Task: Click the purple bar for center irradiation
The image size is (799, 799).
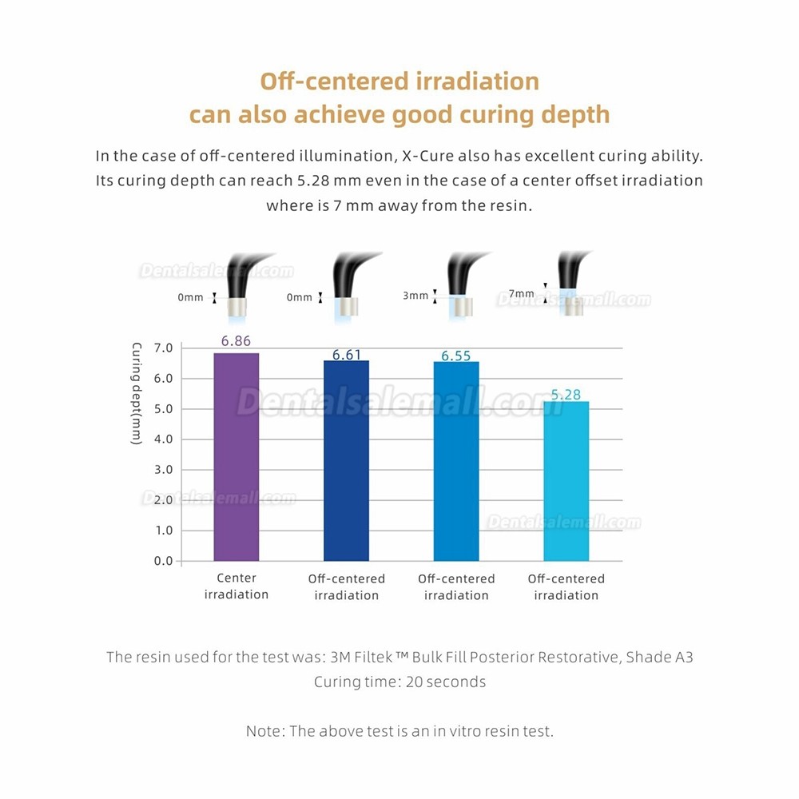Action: click(x=237, y=457)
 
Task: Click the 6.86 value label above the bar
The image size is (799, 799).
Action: click(x=236, y=341)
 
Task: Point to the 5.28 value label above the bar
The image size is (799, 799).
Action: click(x=566, y=394)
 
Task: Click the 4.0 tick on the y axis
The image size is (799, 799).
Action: click(x=162, y=439)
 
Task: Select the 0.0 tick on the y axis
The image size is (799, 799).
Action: click(x=162, y=561)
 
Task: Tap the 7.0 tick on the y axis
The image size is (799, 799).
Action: click(x=162, y=348)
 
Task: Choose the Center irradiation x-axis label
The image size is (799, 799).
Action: click(x=237, y=586)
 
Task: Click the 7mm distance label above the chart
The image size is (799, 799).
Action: click(x=522, y=292)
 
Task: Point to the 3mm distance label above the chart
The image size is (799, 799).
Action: click(x=415, y=296)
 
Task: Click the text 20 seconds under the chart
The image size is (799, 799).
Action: click(x=448, y=682)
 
